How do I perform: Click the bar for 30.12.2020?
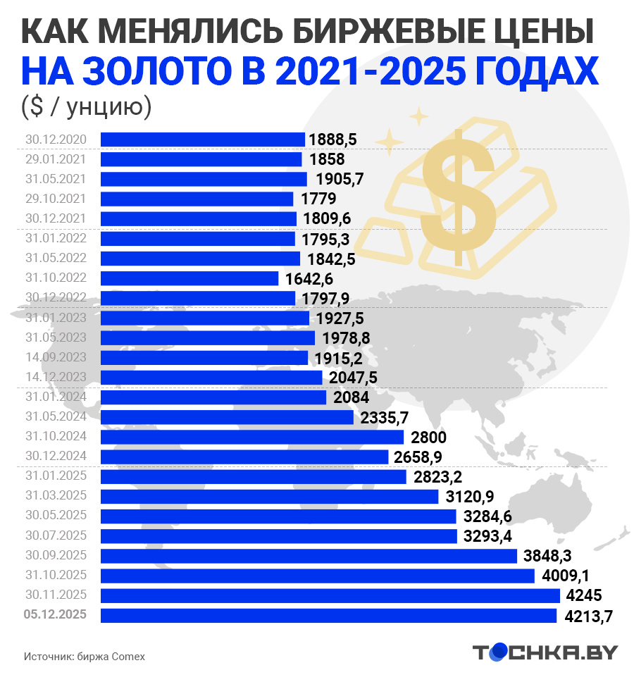click(202, 139)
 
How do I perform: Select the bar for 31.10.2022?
click(189, 278)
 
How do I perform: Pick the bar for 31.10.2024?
click(251, 438)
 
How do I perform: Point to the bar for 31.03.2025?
click(269, 497)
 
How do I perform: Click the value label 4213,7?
click(589, 616)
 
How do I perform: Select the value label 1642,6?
click(309, 279)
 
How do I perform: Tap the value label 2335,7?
click(384, 418)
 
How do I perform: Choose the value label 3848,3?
click(548, 557)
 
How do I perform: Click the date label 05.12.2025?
click(55, 615)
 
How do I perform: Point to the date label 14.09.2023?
click(55, 357)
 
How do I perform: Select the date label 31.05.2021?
click(55, 179)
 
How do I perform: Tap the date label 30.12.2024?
click(55, 457)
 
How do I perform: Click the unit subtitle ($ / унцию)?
click(87, 106)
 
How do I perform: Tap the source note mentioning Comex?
click(84, 656)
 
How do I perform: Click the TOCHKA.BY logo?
click(544, 652)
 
